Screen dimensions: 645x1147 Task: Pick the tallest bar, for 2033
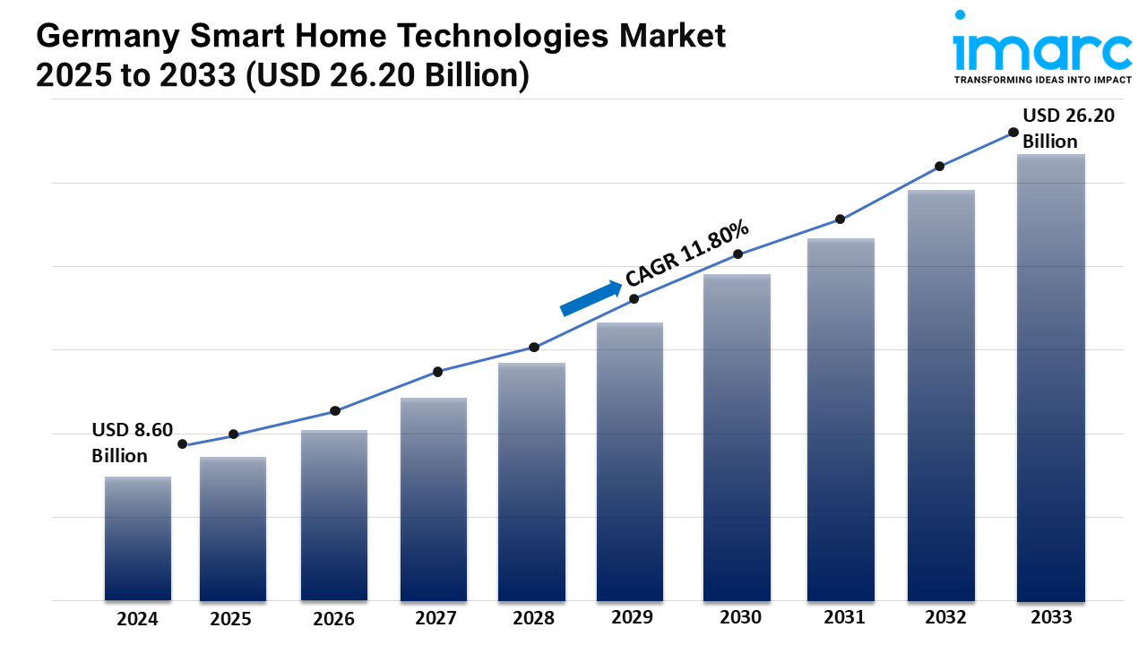(x=1051, y=377)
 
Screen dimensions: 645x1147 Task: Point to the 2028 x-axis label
(x=532, y=618)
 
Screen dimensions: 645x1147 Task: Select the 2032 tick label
(x=945, y=617)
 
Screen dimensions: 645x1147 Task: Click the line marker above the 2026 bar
(x=335, y=411)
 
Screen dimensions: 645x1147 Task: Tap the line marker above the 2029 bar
(x=634, y=299)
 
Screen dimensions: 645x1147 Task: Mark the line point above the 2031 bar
(x=840, y=219)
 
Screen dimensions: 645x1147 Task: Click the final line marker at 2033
(x=1013, y=132)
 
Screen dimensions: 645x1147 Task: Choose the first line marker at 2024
(x=183, y=444)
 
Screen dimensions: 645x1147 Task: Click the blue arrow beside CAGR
(x=591, y=298)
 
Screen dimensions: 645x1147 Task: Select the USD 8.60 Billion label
(x=132, y=443)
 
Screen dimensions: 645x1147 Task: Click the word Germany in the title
(x=90, y=37)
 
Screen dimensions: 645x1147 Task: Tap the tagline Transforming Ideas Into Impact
(x=1042, y=80)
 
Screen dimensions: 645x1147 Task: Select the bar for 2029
(x=630, y=461)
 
